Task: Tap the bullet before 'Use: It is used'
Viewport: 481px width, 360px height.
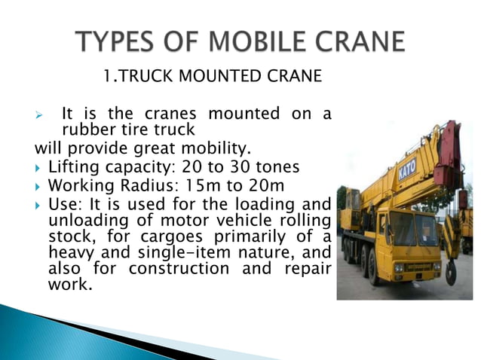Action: (39, 204)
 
